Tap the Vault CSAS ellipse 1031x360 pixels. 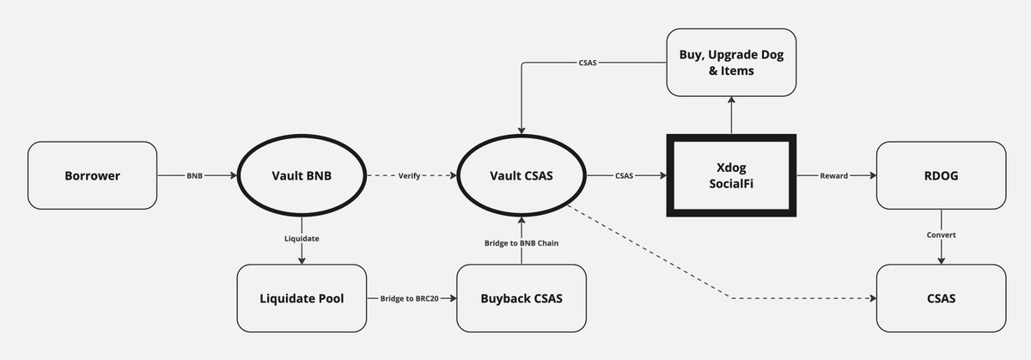522,176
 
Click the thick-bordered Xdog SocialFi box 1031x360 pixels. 732,175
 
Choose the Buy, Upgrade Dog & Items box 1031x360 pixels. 732,63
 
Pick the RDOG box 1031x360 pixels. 941,176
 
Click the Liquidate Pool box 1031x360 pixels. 301,298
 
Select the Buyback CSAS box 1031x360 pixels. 522,298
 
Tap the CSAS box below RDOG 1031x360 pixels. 941,298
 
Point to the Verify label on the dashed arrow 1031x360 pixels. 410,176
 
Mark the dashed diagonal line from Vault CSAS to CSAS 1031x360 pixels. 670,258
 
